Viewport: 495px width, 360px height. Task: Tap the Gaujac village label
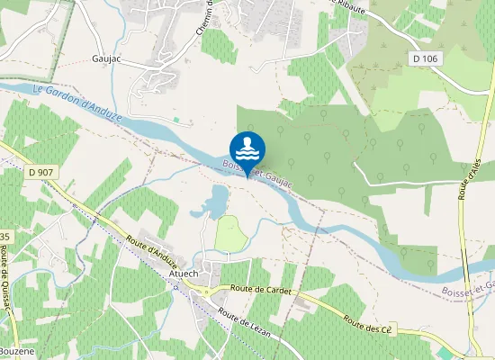pyautogui.click(x=106, y=58)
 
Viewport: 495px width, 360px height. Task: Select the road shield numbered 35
pyautogui.click(x=4, y=236)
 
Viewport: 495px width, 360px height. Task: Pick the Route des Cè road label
pyautogui.click(x=369, y=325)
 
